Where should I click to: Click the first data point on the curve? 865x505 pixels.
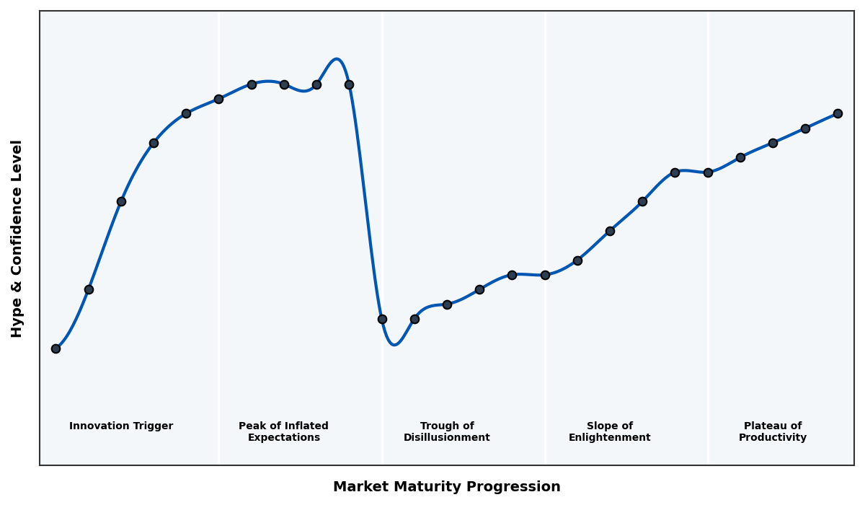tap(56, 348)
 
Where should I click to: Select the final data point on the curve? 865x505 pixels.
tap(838, 113)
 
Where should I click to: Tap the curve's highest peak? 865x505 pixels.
tap(337, 59)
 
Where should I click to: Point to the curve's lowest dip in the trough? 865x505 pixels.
tap(394, 345)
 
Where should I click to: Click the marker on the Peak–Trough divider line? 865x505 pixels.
tap(382, 319)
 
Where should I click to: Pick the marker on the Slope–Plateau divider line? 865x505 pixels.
tap(708, 172)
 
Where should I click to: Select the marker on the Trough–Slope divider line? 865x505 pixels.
tap(545, 275)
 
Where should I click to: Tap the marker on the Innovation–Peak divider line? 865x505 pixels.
tap(218, 99)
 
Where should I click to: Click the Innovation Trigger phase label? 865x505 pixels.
tap(121, 426)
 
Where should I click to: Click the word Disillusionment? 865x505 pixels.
tap(447, 438)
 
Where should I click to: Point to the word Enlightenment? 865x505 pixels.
tap(610, 438)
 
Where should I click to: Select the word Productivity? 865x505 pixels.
tap(773, 438)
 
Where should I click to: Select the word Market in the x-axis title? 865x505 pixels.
tap(359, 487)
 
